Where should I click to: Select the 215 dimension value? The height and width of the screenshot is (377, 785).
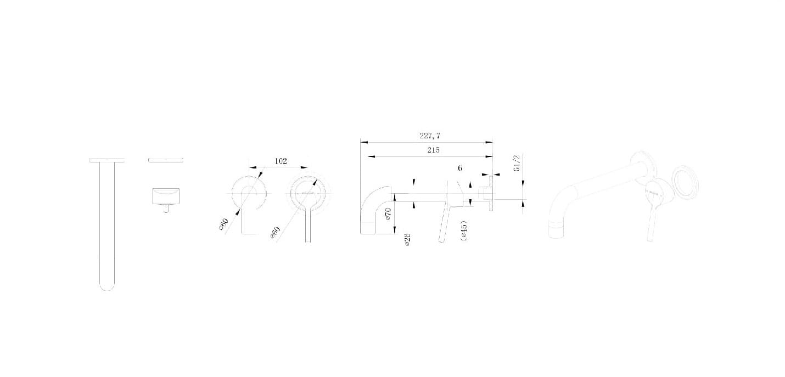[x=431, y=150]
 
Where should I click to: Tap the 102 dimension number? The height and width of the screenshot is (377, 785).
[x=281, y=161]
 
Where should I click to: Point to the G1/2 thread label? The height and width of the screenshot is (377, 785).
[x=517, y=164]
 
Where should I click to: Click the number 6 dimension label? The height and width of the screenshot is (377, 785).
[x=460, y=168]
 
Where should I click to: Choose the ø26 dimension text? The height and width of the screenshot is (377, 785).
[x=408, y=239]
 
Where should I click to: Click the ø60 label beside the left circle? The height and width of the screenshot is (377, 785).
[x=223, y=224]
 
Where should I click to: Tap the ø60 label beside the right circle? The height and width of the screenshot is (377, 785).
[x=274, y=233]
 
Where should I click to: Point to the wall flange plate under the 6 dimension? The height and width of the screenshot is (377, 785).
[x=490, y=193]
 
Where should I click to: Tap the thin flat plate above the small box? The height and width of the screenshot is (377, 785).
[x=165, y=160]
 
